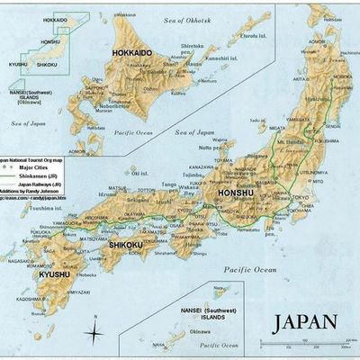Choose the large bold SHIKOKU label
[x=127, y=244]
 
